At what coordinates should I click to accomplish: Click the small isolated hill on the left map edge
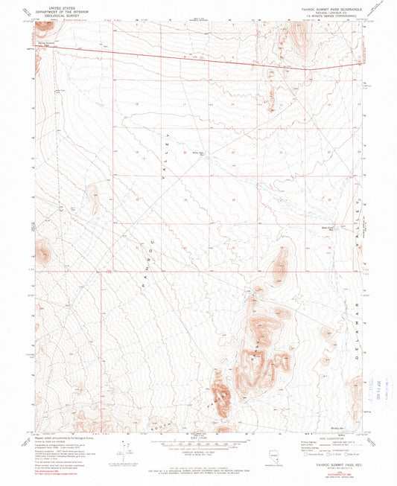point(42,254)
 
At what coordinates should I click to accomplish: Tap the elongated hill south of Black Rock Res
point(280,261)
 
